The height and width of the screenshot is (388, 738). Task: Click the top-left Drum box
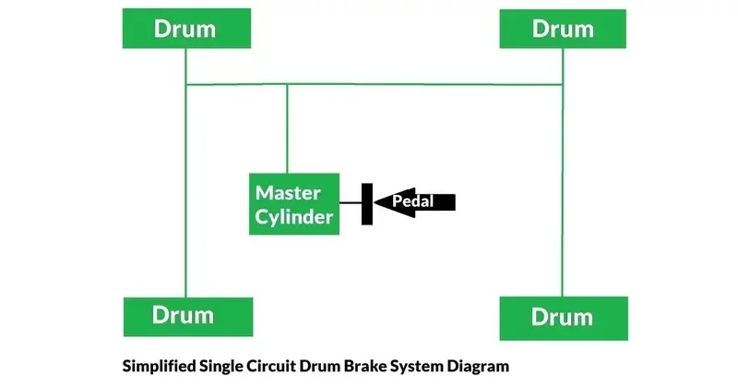[184, 29]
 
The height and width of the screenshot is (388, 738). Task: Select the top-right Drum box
[563, 29]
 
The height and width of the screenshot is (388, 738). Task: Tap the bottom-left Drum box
[184, 316]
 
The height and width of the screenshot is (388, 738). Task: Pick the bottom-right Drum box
[563, 318]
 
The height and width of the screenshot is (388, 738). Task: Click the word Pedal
[413, 200]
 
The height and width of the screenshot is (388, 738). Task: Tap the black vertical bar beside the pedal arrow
[366, 203]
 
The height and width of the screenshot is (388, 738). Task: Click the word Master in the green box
[288, 193]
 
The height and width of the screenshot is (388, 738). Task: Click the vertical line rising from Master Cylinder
[287, 129]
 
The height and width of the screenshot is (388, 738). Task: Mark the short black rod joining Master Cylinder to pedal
[350, 203]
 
